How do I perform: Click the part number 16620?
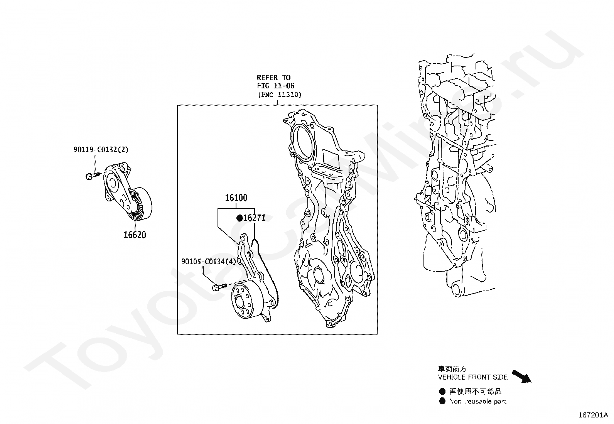click(135, 235)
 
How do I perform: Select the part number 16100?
click(236, 198)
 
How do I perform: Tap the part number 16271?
click(255, 218)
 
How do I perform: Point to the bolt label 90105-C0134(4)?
click(209, 262)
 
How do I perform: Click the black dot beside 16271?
click(240, 218)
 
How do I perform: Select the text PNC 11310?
click(280, 95)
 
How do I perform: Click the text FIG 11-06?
click(275, 86)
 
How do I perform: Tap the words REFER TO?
click(273, 78)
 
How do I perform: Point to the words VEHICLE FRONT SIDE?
click(473, 377)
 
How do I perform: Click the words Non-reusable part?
click(477, 401)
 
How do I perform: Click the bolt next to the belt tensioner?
click(92, 176)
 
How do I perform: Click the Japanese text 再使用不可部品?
click(475, 392)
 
